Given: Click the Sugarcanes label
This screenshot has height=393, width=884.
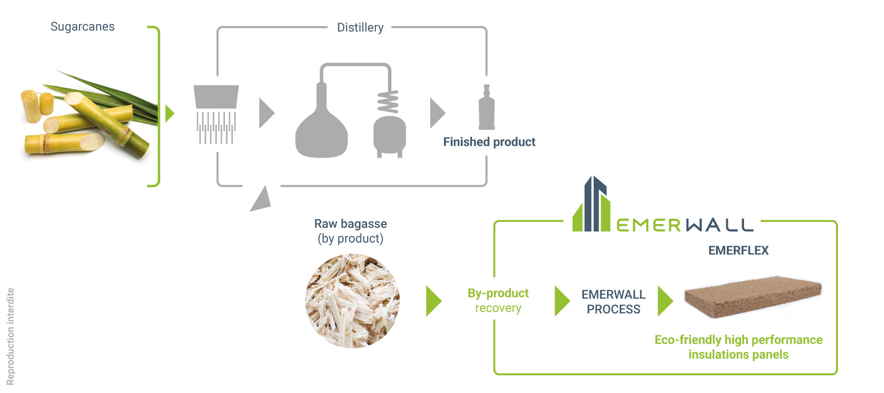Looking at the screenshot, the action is (x=83, y=27).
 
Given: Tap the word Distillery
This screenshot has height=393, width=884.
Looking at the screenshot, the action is (x=360, y=28).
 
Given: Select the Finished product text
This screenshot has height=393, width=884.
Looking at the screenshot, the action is (x=489, y=142).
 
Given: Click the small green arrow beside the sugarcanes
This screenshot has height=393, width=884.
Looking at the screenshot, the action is (x=170, y=113).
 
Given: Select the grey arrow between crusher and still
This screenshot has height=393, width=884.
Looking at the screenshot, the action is (x=267, y=113).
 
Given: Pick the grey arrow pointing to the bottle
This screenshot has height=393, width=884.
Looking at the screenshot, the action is (x=438, y=113).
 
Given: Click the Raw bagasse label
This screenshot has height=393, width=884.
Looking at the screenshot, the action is (x=351, y=231).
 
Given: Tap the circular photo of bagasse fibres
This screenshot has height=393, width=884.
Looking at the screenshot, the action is (x=352, y=301).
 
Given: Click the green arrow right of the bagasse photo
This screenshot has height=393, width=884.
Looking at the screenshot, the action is (x=434, y=301).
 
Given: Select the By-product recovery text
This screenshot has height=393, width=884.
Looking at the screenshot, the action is (x=498, y=301).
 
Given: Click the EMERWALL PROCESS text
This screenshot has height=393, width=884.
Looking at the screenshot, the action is (x=613, y=302).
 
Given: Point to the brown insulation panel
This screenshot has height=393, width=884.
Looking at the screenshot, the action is (x=753, y=296).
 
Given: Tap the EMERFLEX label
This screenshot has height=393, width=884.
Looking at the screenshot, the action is (x=739, y=251).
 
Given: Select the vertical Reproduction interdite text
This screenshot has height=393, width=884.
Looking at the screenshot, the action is (x=10, y=337).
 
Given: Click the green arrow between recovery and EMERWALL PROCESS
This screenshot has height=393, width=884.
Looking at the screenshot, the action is (x=562, y=301).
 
